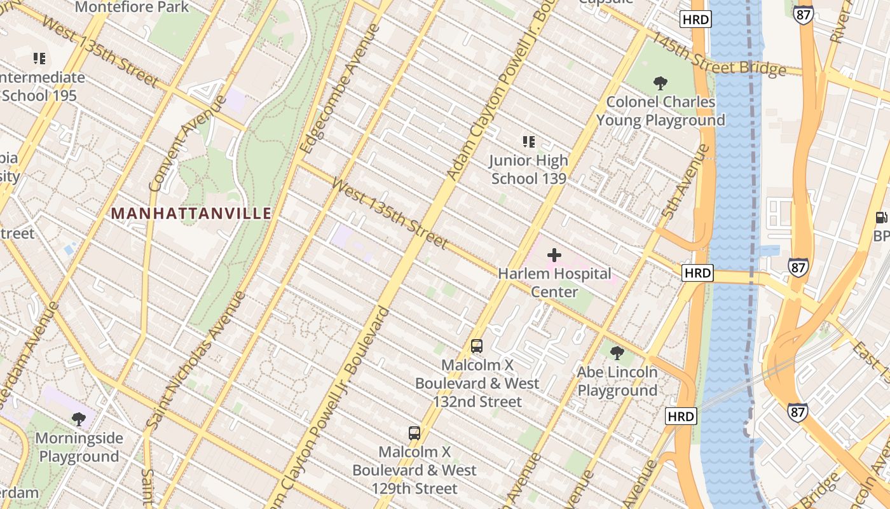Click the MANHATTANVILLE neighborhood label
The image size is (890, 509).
pos(191,213)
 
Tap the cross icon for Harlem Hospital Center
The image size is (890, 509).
pos(554,255)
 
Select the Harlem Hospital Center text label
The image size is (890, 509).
pos(554,282)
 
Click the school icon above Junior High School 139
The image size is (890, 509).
pos(528,141)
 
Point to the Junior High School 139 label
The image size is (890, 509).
pos(528,170)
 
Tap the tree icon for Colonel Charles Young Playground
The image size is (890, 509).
pos(661,82)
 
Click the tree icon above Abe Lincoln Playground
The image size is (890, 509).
pos(617,352)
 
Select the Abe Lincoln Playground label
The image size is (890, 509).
pos(617,381)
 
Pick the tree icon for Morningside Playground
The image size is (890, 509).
pos(79,419)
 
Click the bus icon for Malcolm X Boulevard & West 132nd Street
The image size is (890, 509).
pos(477,346)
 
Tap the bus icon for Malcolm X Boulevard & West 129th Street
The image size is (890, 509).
pos(414,433)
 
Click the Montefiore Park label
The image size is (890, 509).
pos(132,8)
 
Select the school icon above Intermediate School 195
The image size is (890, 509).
pos(39,59)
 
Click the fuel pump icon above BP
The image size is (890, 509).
pos(882,218)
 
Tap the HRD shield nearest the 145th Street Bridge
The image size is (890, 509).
pos(695,20)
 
